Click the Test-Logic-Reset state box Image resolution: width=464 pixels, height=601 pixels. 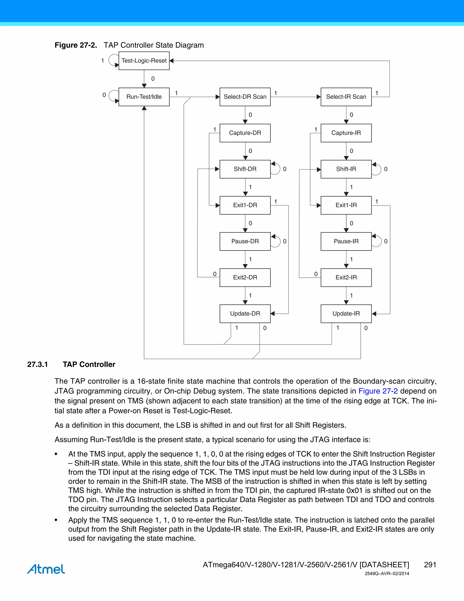pyautogui.click(x=144, y=61)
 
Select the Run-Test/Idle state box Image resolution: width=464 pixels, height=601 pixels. pyautogui.click(x=144, y=97)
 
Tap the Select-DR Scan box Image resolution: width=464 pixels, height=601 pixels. pyautogui.click(x=245, y=97)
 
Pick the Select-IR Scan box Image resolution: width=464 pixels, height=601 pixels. pyautogui.click(x=346, y=97)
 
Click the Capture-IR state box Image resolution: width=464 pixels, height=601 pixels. pyautogui.click(x=346, y=133)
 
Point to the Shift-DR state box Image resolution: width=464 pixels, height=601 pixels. pyautogui.click(x=245, y=169)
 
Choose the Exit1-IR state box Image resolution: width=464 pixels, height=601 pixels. pyautogui.click(x=346, y=205)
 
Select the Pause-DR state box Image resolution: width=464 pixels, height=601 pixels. pyautogui.click(x=245, y=241)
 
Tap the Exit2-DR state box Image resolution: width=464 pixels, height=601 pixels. pyautogui.click(x=245, y=277)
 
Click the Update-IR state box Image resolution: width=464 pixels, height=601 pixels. pyautogui.click(x=346, y=313)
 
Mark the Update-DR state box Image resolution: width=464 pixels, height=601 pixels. pyautogui.click(x=245, y=313)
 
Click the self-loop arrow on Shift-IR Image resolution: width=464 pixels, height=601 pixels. pyautogui.click(x=377, y=169)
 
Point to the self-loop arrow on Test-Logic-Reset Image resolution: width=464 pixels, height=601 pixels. pyautogui.click(x=113, y=60)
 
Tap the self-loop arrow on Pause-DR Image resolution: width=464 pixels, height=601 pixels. pyautogui.click(x=276, y=241)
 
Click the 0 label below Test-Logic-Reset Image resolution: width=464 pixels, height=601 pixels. pyautogui.click(x=153, y=79)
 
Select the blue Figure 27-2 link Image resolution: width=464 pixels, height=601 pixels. pyautogui.click(x=378, y=391)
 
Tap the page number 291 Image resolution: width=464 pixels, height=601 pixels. pyautogui.click(x=430, y=565)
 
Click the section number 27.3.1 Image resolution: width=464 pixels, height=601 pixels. pyautogui.click(x=38, y=364)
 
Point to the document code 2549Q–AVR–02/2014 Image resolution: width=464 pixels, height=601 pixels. pyautogui.click(x=387, y=574)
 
